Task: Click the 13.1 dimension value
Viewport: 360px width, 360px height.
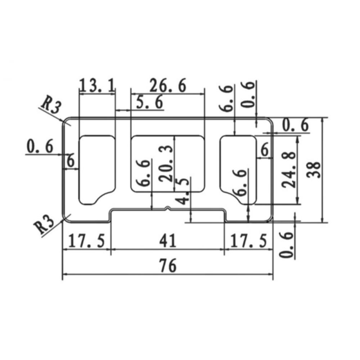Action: (97, 86)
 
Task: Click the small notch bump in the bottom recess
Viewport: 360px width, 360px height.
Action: (167, 208)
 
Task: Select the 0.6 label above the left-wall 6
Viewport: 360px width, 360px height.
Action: (40, 147)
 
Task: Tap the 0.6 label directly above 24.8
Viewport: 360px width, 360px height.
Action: (295, 125)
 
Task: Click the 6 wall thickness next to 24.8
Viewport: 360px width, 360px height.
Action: (265, 150)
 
